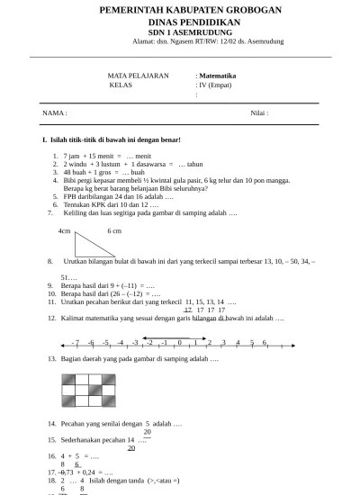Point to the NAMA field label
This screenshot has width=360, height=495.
click(54, 112)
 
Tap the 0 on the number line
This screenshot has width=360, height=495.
click(180, 342)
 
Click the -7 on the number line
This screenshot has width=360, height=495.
click(76, 342)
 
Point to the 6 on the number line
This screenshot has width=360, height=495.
click(265, 342)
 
